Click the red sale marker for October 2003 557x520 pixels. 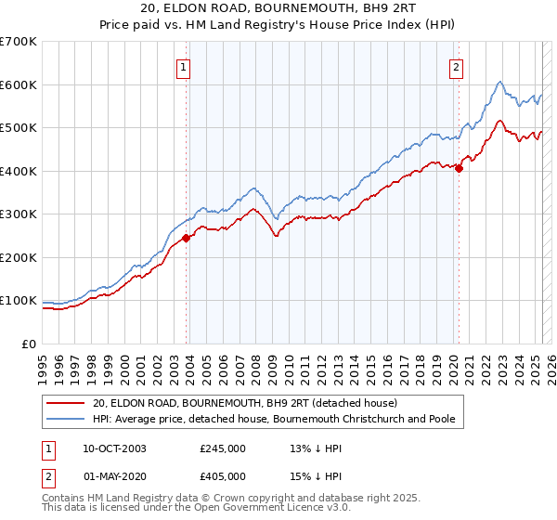pos(187,238)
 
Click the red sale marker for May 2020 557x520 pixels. pos(459,169)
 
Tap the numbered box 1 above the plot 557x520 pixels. pos(184,67)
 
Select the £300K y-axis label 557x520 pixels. pos(18,214)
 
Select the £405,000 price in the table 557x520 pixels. pos(223,475)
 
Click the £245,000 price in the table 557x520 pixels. pos(223,448)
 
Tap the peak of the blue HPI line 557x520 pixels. pos(499,82)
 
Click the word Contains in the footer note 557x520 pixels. pos(63,500)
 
